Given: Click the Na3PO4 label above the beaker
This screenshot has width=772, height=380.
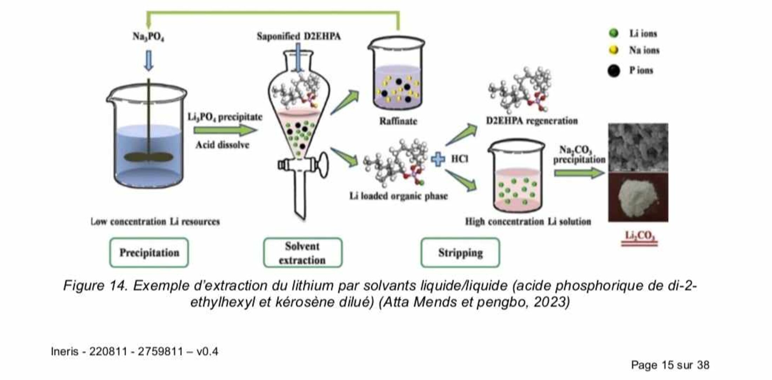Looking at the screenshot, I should pyautogui.click(x=148, y=36).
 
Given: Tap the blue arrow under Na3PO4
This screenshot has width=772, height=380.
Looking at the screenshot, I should pyautogui.click(x=149, y=61).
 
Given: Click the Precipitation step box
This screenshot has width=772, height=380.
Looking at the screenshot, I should pyautogui.click(x=149, y=252).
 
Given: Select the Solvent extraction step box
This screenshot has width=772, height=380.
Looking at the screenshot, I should pyautogui.click(x=302, y=253).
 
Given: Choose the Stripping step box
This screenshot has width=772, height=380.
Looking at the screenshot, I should pyautogui.click(x=460, y=252).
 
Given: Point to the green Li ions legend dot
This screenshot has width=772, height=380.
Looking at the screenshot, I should pyautogui.click(x=613, y=33).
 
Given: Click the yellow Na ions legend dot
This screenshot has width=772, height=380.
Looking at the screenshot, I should pyautogui.click(x=613, y=50).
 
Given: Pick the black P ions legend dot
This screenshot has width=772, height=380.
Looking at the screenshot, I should pyautogui.click(x=613, y=70).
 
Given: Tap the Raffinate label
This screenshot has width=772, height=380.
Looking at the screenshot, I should pyautogui.click(x=398, y=121).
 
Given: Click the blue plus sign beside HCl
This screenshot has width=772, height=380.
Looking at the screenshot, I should pyautogui.click(x=438, y=159).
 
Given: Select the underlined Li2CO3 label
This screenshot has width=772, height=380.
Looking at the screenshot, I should pyautogui.click(x=639, y=236).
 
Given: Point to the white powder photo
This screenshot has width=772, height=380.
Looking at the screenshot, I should pyautogui.click(x=638, y=197).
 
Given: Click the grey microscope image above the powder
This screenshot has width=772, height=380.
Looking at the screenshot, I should pyautogui.click(x=638, y=147).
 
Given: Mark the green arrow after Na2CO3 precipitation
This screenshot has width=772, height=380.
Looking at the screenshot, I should pyautogui.click(x=579, y=173).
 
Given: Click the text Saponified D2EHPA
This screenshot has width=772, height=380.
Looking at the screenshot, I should pyautogui.click(x=299, y=36).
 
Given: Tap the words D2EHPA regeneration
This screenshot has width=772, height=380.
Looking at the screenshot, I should pyautogui.click(x=532, y=121).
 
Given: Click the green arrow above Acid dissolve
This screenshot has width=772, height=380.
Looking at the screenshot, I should pyautogui.click(x=225, y=130).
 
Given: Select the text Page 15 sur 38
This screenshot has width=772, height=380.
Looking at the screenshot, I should pyautogui.click(x=670, y=365).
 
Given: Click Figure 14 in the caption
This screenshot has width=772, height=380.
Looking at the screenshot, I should pyautogui.click(x=95, y=286).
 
